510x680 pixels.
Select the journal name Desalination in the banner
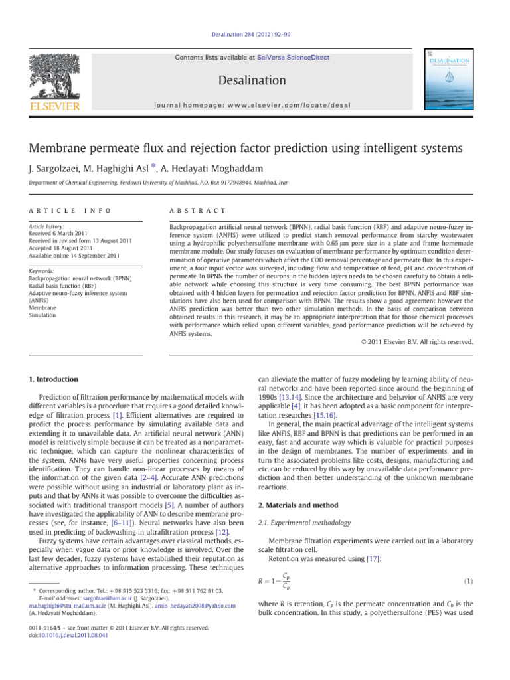coord(255,81)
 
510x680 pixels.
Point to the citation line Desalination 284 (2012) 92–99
coord(255,38)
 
